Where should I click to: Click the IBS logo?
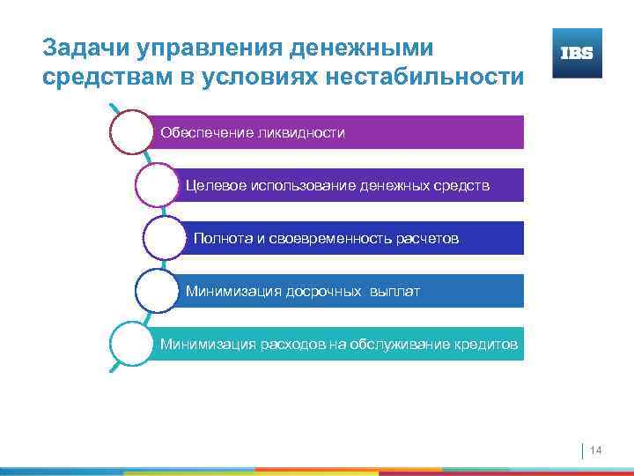[577, 53]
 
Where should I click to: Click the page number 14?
[595, 451]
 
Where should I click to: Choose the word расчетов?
[429, 239]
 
